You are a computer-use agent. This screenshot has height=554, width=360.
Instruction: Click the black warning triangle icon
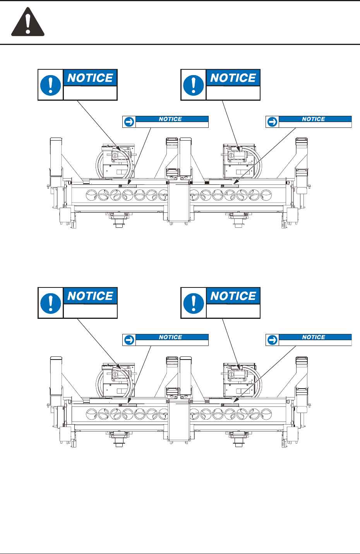point(27,22)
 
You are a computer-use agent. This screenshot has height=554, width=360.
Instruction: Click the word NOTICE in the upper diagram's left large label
point(90,77)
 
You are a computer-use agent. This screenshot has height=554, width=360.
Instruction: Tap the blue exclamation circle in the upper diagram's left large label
point(50,85)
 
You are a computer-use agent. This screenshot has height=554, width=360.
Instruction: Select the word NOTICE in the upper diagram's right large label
point(233,77)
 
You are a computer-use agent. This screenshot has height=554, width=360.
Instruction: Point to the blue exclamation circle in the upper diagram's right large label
point(194,85)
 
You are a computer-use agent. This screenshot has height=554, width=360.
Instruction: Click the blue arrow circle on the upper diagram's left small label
point(129,122)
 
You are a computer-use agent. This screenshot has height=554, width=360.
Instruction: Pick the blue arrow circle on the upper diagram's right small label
point(272,122)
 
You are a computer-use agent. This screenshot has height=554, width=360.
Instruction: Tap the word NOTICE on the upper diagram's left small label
point(170,119)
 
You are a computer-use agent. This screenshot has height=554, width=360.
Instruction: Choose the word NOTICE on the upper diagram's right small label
point(314,119)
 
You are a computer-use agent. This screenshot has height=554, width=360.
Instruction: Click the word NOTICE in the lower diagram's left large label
point(90,296)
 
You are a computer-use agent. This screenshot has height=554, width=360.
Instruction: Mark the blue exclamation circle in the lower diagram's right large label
point(194,303)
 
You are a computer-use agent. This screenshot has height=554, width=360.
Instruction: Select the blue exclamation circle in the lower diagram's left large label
point(50,303)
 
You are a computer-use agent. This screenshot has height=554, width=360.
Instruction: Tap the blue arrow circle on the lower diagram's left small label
point(129,340)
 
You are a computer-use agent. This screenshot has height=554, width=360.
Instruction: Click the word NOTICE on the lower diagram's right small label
point(314,337)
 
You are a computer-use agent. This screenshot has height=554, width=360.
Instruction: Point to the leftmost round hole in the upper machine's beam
point(91,195)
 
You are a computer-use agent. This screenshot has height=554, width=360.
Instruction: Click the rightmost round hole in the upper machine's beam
point(266,195)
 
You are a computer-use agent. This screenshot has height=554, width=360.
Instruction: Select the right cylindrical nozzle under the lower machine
point(238,442)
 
